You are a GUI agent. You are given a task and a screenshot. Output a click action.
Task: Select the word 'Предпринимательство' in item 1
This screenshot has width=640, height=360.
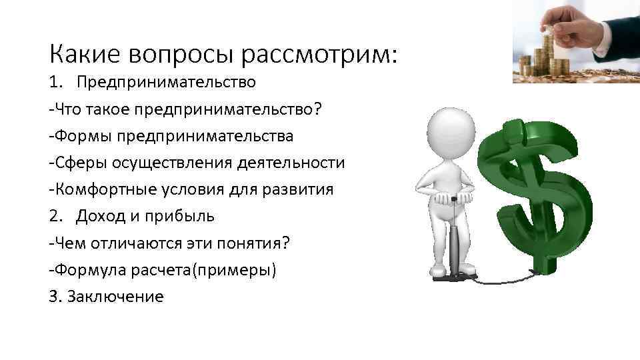click(x=165, y=82)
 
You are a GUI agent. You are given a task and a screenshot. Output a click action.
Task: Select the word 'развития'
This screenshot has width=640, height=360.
click(x=302, y=189)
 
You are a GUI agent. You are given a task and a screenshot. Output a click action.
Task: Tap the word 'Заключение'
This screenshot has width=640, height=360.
click(x=115, y=297)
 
